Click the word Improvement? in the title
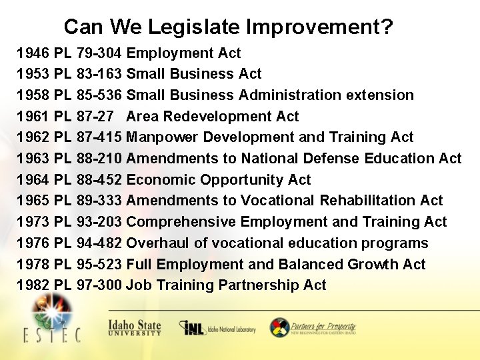pyautogui.click(x=319, y=27)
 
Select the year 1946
pyautogui.click(x=33, y=53)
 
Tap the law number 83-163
pyautogui.click(x=99, y=73)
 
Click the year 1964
pyautogui.click(x=33, y=179)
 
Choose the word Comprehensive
pyautogui.click(x=181, y=222)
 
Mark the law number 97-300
pyautogui.click(x=99, y=285)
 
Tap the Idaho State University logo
pyautogui.click(x=134, y=327)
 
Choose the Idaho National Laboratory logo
pyautogui.click(x=217, y=328)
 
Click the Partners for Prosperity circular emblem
pyautogui.click(x=279, y=327)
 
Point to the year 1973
pyautogui.click(x=33, y=222)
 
